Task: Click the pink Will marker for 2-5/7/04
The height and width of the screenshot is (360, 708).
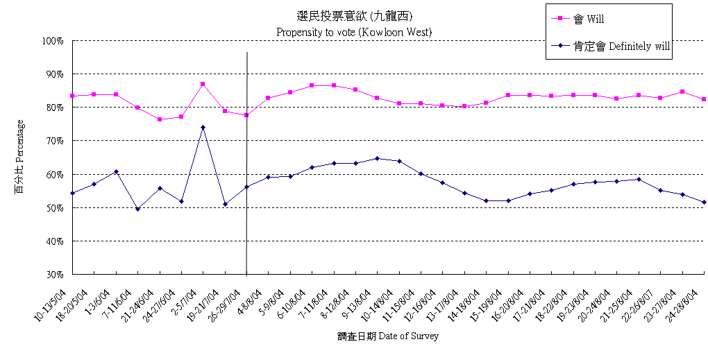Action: (203, 84)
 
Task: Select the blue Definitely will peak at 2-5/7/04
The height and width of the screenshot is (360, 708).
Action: (203, 127)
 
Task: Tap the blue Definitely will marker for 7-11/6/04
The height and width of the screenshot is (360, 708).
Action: (137, 209)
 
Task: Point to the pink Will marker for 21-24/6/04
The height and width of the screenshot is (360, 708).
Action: (160, 119)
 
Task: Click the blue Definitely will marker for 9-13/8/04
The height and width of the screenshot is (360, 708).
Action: (377, 158)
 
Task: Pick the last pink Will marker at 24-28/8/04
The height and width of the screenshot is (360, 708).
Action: (704, 99)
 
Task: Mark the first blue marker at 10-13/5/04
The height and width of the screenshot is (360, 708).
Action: (72, 193)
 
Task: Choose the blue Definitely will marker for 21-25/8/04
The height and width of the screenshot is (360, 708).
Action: (639, 179)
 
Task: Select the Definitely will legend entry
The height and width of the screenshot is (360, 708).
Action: (611, 46)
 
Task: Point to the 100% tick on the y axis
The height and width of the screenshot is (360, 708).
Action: (52, 41)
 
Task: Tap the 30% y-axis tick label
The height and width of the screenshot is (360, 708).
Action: (53, 275)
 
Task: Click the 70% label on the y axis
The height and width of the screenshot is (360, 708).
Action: (53, 141)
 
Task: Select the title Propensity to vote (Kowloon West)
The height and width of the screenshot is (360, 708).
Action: (354, 32)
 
